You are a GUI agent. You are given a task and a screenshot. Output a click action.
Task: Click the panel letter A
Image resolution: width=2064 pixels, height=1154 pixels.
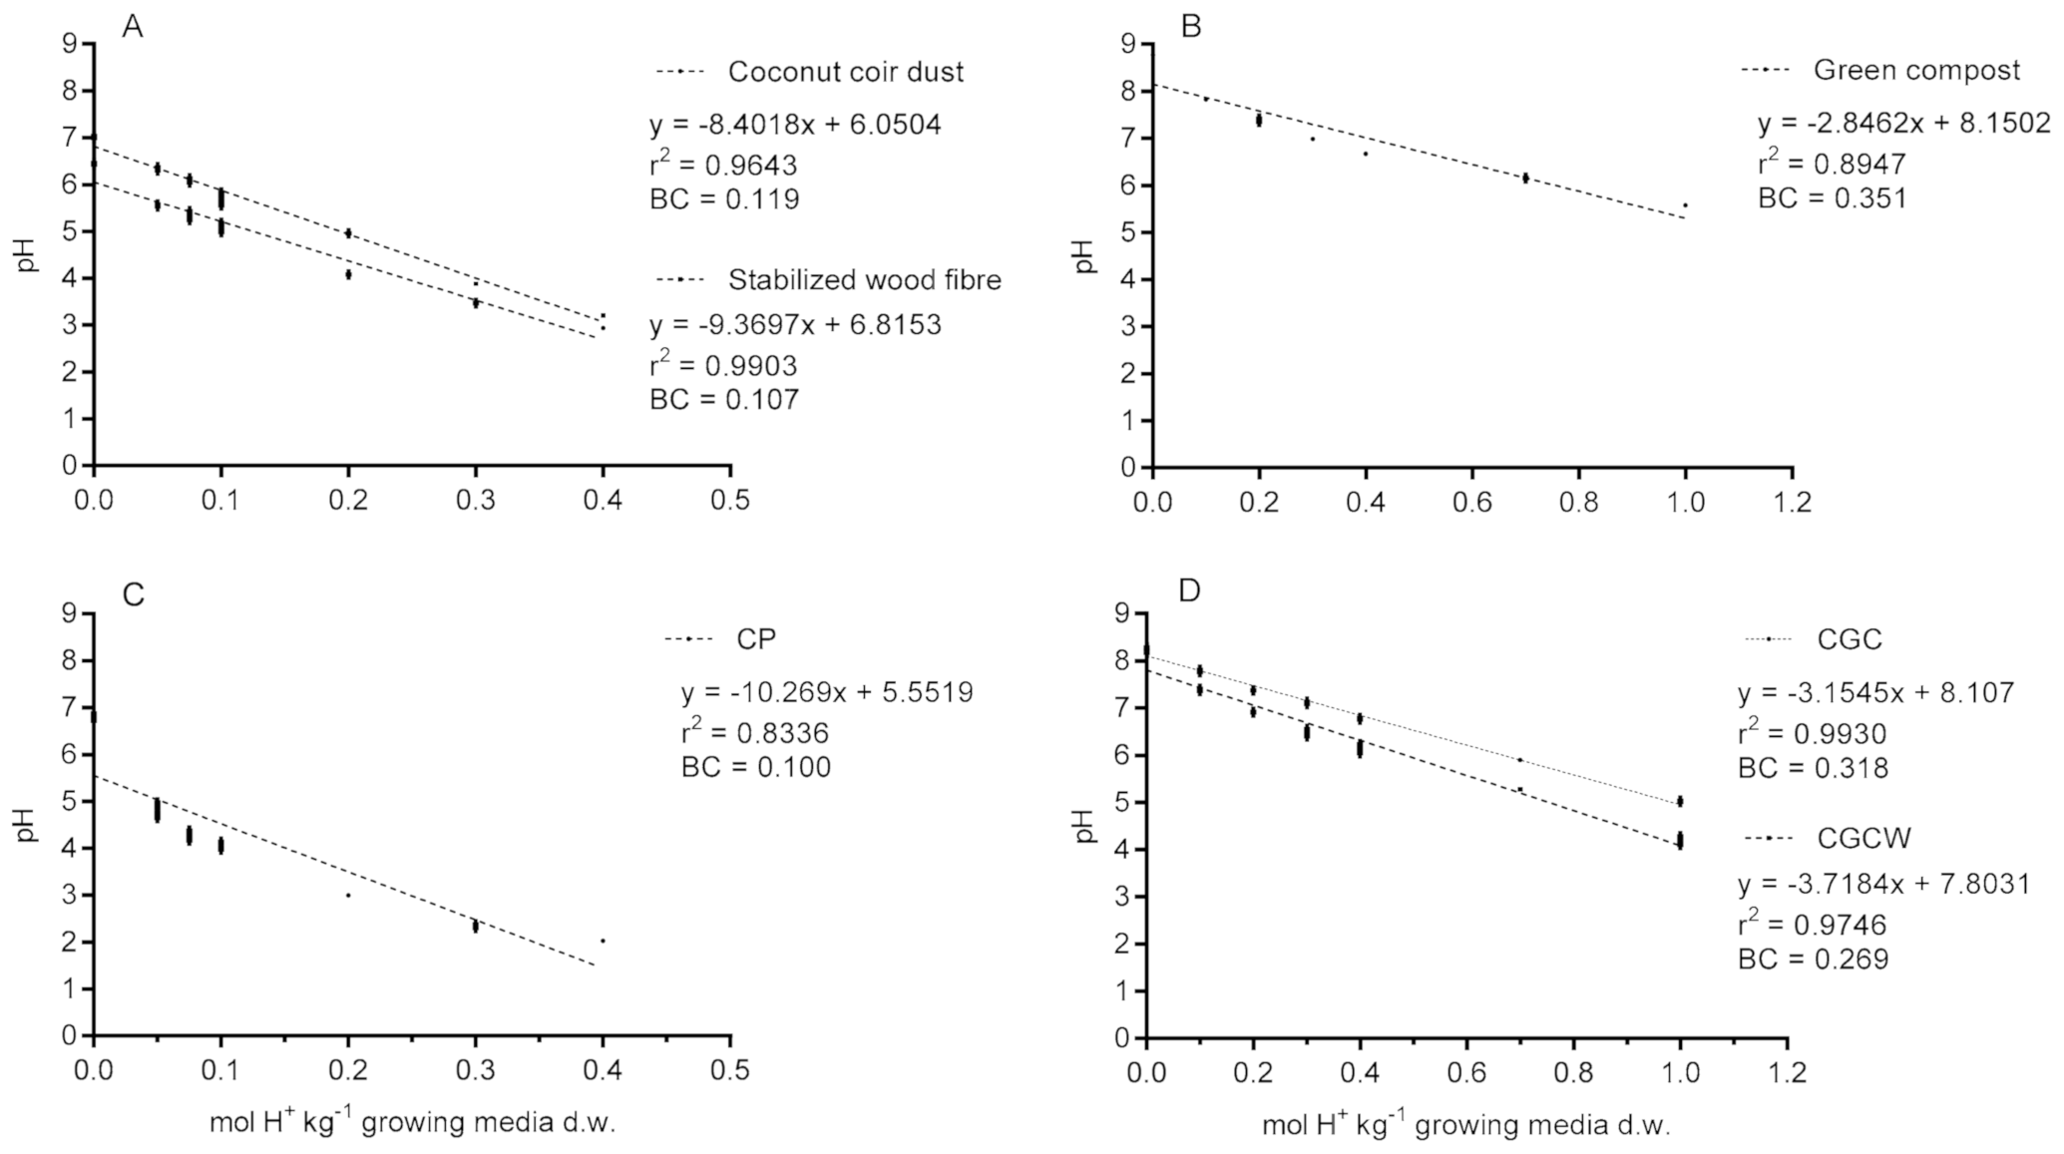coord(132,27)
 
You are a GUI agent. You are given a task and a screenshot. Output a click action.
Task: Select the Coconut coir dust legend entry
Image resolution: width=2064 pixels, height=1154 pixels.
coord(845,72)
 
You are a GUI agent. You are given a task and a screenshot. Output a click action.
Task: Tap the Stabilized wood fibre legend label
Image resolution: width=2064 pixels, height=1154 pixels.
coord(864,280)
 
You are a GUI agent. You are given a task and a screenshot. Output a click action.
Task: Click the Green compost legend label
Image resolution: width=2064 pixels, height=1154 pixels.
coord(1916,70)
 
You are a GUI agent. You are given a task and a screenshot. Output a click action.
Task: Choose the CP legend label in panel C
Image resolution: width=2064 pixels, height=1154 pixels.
coord(756,638)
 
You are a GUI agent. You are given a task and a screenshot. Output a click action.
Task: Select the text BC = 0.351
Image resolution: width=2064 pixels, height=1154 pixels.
coord(1832,197)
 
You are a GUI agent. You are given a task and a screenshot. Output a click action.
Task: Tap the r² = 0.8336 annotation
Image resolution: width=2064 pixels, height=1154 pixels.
coord(754,733)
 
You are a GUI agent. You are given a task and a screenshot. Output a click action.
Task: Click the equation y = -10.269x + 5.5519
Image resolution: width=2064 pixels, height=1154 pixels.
coord(827,692)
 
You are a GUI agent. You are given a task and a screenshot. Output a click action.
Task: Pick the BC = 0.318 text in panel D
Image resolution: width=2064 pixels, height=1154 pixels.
coord(1813,768)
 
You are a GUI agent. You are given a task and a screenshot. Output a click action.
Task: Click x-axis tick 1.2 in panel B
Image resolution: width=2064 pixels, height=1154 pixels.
coord(1792,501)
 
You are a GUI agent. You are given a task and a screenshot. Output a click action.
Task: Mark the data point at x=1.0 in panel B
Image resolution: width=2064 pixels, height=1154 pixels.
coord(1685,205)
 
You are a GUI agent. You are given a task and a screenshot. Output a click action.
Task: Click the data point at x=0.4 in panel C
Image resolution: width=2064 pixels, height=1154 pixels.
coord(603,941)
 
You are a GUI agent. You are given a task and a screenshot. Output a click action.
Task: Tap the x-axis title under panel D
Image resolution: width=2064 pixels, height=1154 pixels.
coord(1465,1125)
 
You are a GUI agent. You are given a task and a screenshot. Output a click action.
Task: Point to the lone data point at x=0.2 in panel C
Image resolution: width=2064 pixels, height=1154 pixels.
coord(348,895)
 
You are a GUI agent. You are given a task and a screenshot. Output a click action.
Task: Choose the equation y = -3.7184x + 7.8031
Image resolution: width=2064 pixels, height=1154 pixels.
coord(1883,884)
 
